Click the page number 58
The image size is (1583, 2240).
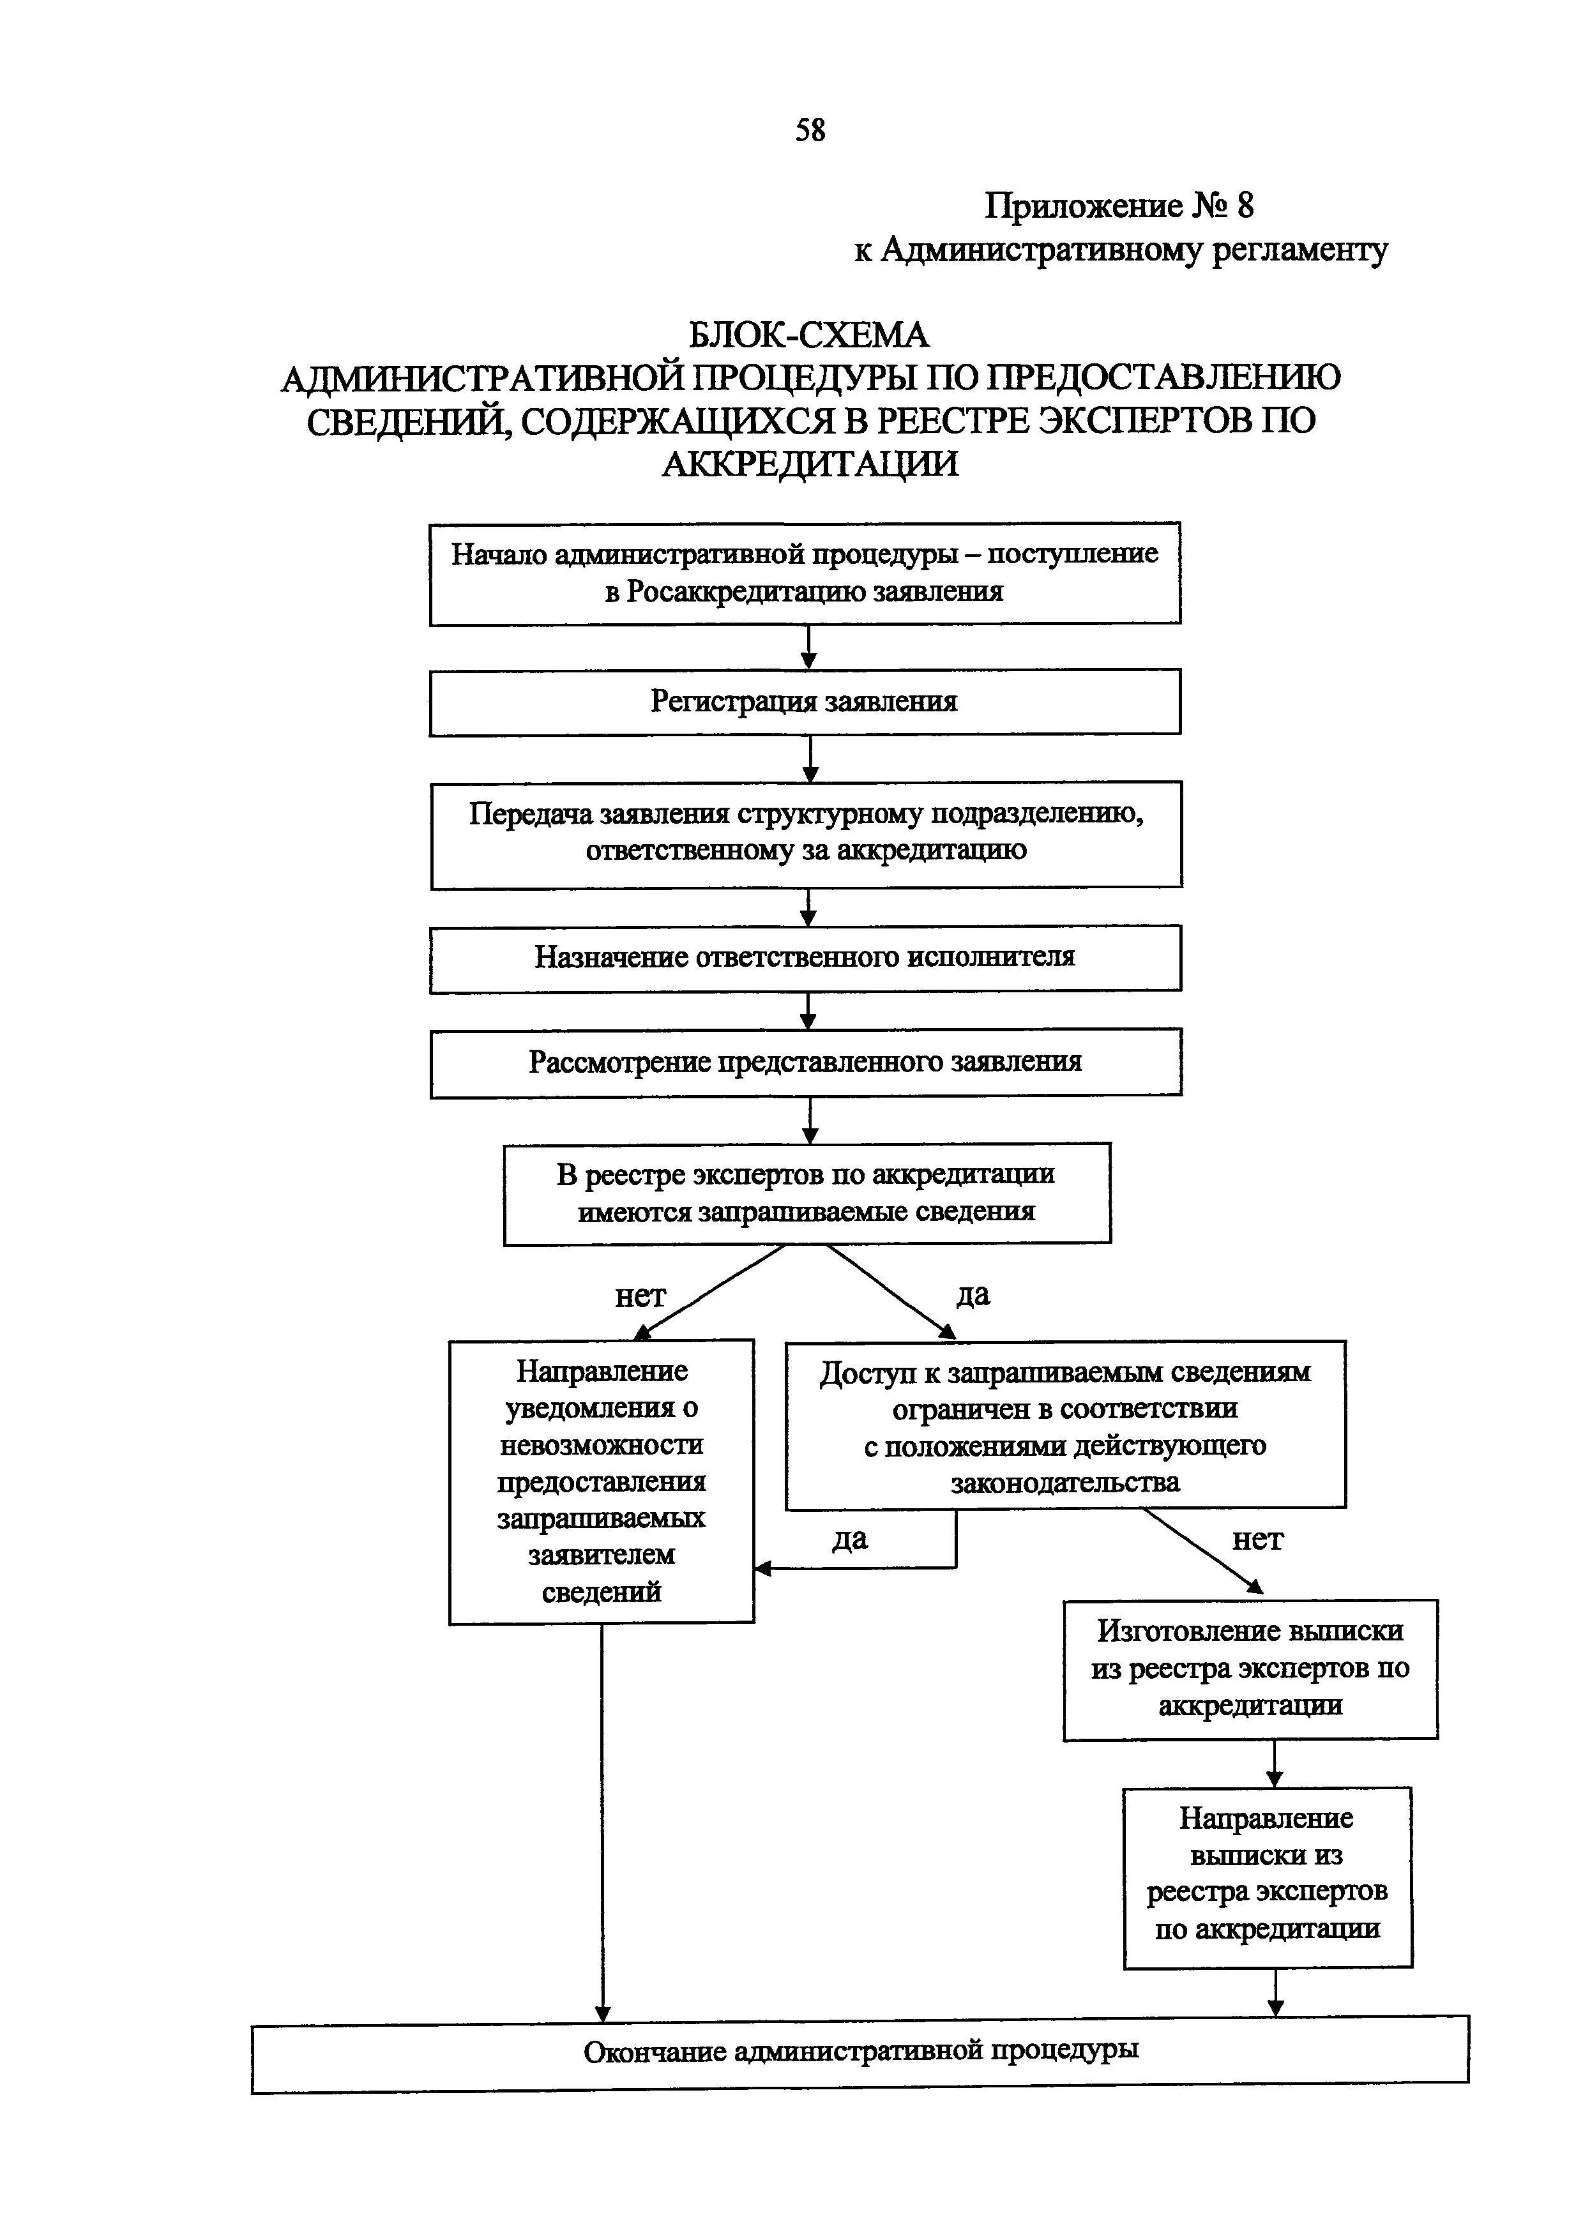(810, 130)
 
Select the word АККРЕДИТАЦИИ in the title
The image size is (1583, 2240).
(810, 462)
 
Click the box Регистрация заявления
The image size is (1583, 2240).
(805, 702)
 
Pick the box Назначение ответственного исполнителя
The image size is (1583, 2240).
(805, 957)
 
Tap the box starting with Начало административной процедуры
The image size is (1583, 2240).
(805, 573)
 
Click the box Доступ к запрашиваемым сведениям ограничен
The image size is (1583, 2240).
(1065, 1425)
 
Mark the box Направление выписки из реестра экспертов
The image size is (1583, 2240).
(1267, 1875)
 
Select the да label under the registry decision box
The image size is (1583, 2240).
(973, 1294)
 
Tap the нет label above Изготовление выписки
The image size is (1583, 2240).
(1257, 1540)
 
